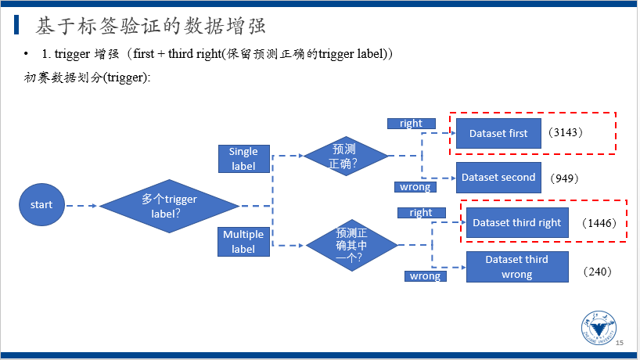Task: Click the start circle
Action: point(41,204)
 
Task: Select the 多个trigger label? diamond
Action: point(169,206)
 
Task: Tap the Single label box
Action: point(243,159)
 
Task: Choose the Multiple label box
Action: point(243,242)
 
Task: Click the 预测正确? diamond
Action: point(345,156)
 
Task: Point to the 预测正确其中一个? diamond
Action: point(351,245)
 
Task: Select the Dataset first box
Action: point(498,134)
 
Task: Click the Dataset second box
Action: point(498,178)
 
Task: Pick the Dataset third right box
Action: point(517,222)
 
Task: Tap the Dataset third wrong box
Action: point(517,267)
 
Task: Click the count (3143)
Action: point(566,132)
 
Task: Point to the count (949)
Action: point(564,178)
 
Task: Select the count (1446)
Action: point(599,223)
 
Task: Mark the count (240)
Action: point(597,272)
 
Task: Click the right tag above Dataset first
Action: point(412,124)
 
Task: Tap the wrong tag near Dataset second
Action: point(415,187)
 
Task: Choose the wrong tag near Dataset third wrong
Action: point(426,276)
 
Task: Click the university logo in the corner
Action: point(599,328)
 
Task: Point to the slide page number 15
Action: point(620,343)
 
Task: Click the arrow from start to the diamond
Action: point(81,206)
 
